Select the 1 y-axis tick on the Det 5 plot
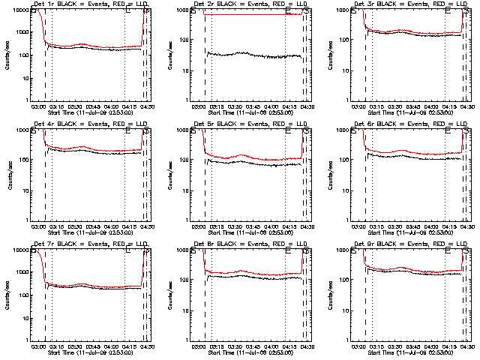pos(185,220)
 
